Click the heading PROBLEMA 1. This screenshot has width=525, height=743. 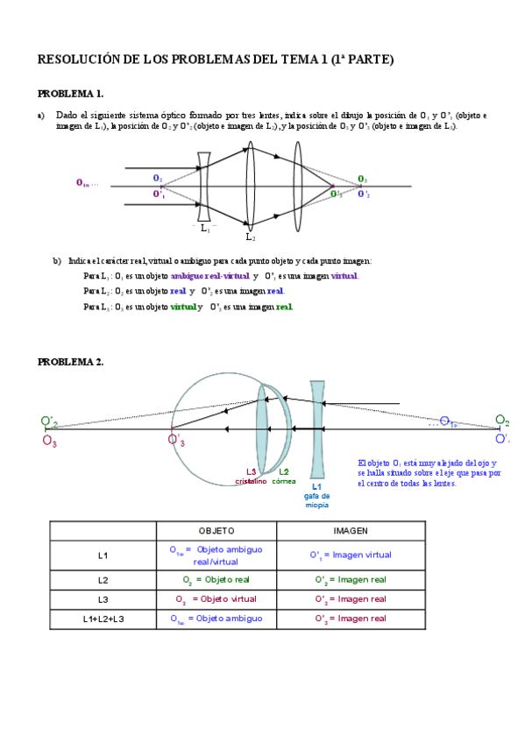pos(70,94)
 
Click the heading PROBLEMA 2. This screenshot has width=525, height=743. pos(70,361)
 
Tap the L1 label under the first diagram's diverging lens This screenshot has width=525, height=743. pos(206,228)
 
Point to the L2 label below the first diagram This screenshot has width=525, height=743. pos(250,237)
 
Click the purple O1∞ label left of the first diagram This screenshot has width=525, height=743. pos(85,183)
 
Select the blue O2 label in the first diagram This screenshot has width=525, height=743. pos(158,178)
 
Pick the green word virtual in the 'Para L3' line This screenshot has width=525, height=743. pos(183,307)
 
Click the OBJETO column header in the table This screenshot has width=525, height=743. pos(216,531)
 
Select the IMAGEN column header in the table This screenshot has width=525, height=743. pos(351,531)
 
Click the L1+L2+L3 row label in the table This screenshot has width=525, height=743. pos(103,619)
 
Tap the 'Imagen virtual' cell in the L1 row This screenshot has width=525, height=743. pos(351,555)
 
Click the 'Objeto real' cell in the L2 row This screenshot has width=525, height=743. pos(216,579)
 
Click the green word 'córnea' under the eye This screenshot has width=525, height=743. pos(284,481)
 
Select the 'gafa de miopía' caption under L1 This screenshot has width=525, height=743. pos(316,500)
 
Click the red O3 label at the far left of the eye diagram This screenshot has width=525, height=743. pos(49,442)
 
